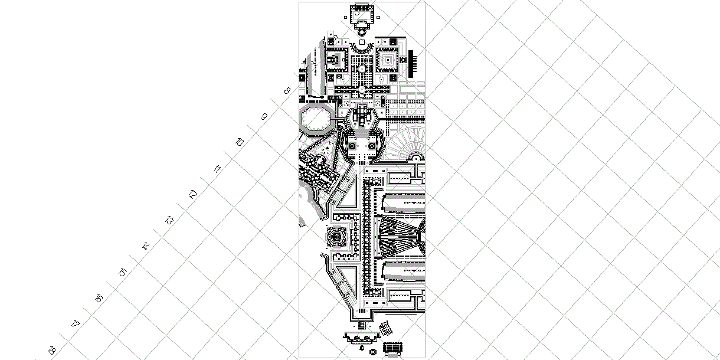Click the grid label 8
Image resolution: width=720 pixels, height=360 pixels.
[x=287, y=91]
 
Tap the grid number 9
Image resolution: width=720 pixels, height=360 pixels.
[x=264, y=117]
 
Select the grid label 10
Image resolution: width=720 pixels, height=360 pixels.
[x=240, y=142]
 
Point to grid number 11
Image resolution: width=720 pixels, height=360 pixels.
[x=217, y=169]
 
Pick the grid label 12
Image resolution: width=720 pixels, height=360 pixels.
[x=192, y=195]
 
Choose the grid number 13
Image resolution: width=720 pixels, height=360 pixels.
[x=169, y=221]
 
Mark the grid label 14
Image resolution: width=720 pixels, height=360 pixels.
[x=145, y=247]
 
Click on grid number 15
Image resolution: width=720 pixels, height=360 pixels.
[x=122, y=273]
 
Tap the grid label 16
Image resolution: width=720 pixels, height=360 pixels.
[x=99, y=299]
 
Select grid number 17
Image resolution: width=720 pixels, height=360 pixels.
[x=75, y=324]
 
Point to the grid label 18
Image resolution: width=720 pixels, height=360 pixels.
[x=51, y=350]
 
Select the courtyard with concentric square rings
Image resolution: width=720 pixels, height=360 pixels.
[x=388, y=60]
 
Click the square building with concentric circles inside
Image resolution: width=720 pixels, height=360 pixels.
[x=336, y=237]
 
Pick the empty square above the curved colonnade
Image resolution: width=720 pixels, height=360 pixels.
[x=362, y=42]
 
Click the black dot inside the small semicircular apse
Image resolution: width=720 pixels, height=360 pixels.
[x=416, y=159]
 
